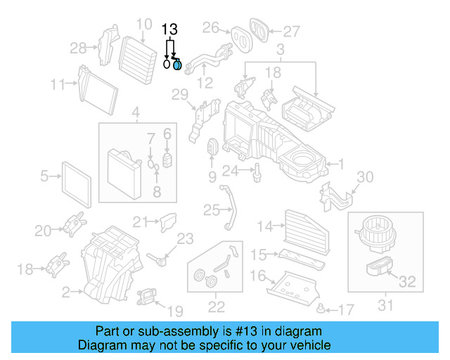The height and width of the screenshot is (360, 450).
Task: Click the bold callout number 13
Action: point(169,30)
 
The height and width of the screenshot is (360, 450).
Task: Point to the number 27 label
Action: point(291,31)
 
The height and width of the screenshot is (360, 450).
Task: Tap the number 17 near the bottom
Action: point(345,310)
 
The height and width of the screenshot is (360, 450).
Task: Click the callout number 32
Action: point(407,283)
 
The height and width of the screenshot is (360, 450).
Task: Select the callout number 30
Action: point(366,176)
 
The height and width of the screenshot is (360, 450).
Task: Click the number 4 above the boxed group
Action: point(136,112)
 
